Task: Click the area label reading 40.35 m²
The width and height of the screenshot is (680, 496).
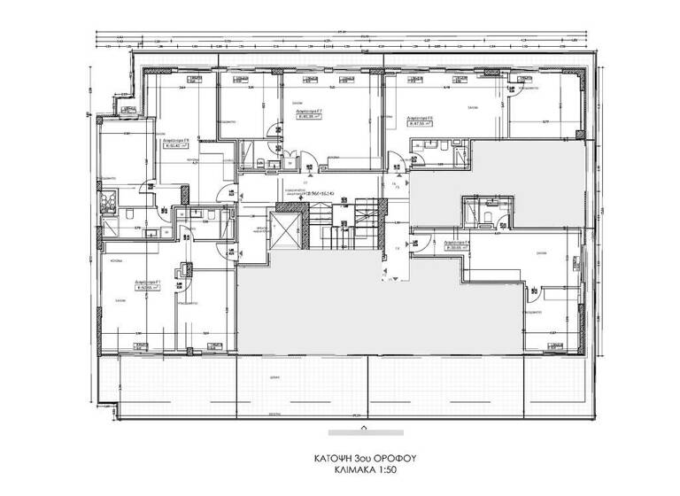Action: click(310, 115)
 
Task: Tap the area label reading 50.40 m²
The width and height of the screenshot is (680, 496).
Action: click(175, 144)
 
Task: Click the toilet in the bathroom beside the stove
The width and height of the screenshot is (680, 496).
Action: click(130, 214)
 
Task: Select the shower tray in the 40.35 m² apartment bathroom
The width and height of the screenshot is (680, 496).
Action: click(251, 150)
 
